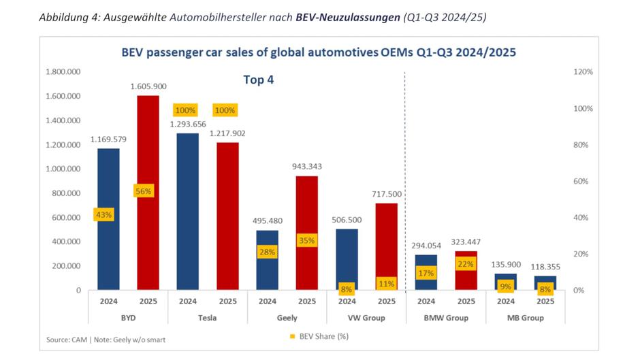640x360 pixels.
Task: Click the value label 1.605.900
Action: [x=148, y=86]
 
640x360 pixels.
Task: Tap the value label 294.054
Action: [x=426, y=245]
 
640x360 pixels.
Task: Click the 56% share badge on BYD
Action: [x=144, y=191]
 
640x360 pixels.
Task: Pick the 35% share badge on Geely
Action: [x=306, y=240]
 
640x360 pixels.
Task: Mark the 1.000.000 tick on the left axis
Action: [x=63, y=169]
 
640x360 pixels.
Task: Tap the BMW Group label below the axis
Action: [x=445, y=318]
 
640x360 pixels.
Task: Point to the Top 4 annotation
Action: [x=258, y=80]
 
